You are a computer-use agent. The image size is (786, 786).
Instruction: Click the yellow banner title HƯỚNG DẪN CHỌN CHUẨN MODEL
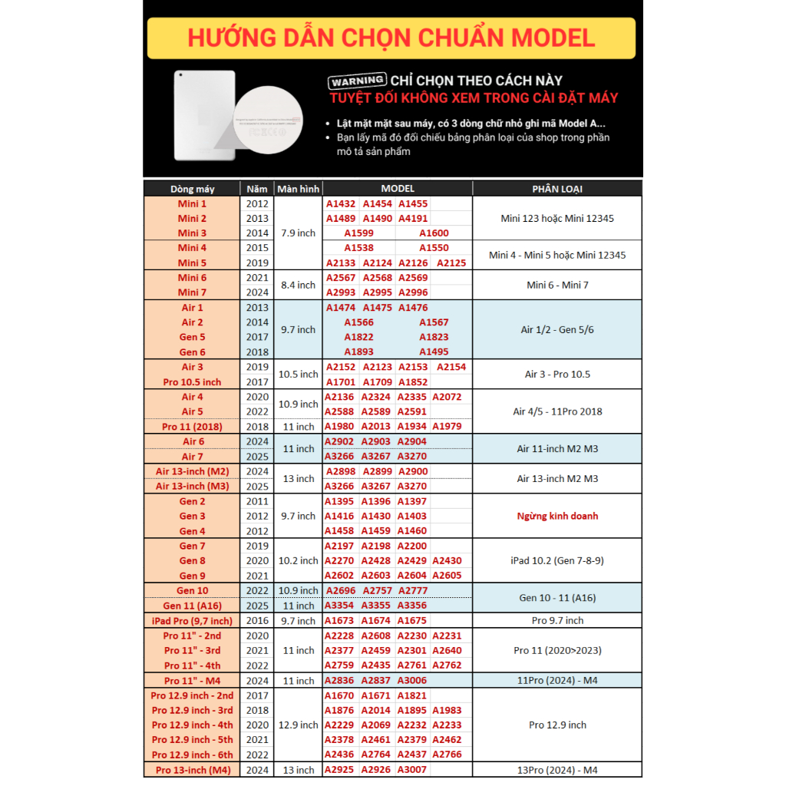[391, 38]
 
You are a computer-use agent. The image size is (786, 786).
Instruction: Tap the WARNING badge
[357, 81]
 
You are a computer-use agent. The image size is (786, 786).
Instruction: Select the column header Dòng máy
[192, 189]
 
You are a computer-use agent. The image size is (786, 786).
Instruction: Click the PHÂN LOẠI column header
[557, 189]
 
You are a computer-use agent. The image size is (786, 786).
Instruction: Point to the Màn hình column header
[298, 189]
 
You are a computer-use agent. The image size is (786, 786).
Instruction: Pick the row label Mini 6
[192, 277]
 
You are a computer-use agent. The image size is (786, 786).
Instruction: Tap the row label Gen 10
[192, 590]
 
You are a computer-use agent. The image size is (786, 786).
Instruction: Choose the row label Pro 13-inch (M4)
[192, 770]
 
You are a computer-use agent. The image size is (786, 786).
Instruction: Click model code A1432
[341, 203]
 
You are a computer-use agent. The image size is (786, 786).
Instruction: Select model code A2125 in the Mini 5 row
[451, 263]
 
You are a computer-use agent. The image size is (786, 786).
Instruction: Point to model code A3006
[411, 680]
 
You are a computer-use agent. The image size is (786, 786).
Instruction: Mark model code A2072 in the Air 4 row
[447, 397]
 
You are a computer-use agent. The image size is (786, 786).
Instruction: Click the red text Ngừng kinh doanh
[557, 516]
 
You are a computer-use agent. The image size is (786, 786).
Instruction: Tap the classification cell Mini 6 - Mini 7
[557, 285]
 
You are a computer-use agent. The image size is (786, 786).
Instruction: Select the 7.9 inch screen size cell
[298, 233]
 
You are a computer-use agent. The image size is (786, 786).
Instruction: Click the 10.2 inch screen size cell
[298, 560]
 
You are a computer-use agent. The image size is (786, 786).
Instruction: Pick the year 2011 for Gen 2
[258, 501]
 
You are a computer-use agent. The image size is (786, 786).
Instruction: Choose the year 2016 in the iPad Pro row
[258, 620]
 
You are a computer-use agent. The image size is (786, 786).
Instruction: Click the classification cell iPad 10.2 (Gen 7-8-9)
[557, 560]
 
